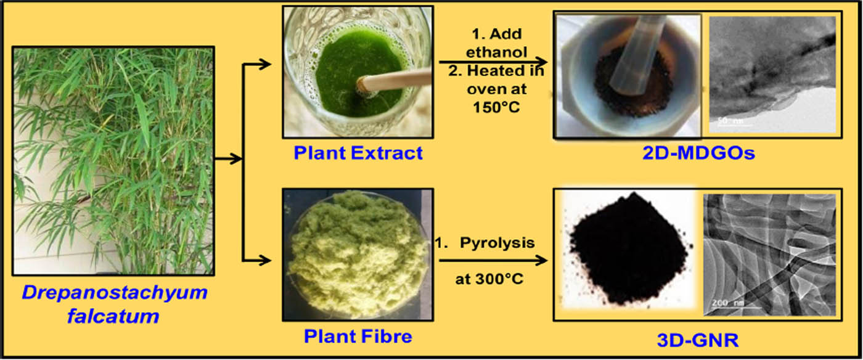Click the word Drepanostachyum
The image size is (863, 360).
coord(115,293)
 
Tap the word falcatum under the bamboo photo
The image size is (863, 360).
coord(113,316)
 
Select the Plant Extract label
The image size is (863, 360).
coord(358,153)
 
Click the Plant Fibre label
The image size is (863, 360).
coord(358,336)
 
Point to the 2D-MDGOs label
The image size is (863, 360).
coord(698,153)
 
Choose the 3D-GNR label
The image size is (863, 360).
coord(698,340)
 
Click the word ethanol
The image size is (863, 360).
coord(496,52)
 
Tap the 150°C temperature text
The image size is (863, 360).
coord(496,107)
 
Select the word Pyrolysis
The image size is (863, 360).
coord(497,243)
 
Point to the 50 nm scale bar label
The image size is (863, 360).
coord(729,121)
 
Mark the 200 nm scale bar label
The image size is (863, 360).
coord(727,303)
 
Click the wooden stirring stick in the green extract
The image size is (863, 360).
coord(394,80)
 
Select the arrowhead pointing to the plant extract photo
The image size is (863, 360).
coord(265,64)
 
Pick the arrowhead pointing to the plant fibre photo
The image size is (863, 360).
coord(265,261)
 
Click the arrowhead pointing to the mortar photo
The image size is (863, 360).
coord(541,62)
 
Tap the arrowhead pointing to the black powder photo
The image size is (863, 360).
coord(541,261)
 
